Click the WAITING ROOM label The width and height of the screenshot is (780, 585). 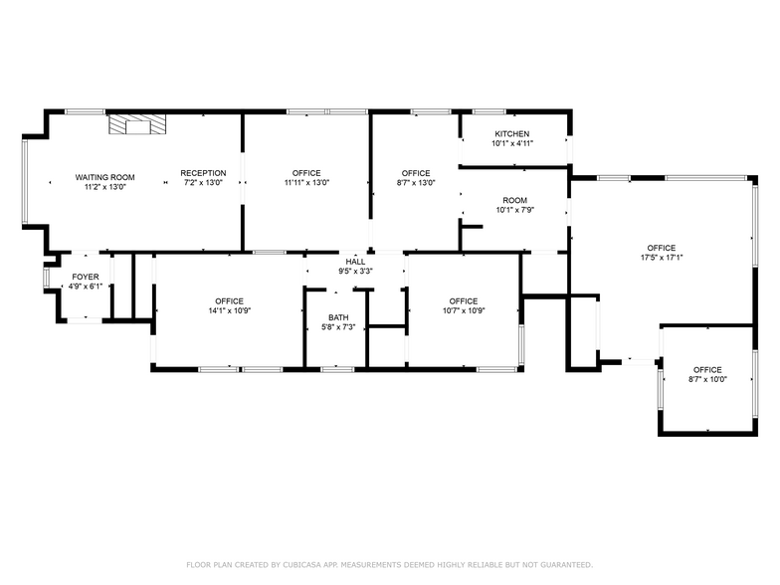coord(104,177)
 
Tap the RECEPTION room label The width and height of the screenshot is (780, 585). coord(203,173)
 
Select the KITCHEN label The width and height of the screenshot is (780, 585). coord(512,133)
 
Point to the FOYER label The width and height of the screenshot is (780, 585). coord(86,277)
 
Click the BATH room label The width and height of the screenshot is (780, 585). coord(337,317)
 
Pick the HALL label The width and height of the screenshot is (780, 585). coord(355,262)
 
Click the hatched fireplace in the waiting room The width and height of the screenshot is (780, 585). coord(138,124)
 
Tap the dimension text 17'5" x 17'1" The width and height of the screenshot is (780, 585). coord(661,258)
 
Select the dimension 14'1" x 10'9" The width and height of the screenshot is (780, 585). coord(230,310)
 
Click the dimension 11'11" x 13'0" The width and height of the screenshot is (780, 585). coord(306,182)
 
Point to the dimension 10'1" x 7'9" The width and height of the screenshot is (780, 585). coord(515,210)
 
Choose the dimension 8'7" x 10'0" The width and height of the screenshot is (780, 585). coord(707,379)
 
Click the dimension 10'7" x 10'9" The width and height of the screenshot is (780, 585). coord(463,310)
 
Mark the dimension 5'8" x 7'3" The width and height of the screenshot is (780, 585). coord(337,327)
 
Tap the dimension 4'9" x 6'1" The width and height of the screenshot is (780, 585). coord(86,287)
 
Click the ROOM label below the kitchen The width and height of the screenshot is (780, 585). coord(514,200)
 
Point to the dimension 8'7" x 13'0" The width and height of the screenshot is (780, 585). coord(416,182)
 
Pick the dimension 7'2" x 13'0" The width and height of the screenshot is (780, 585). coord(203,182)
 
